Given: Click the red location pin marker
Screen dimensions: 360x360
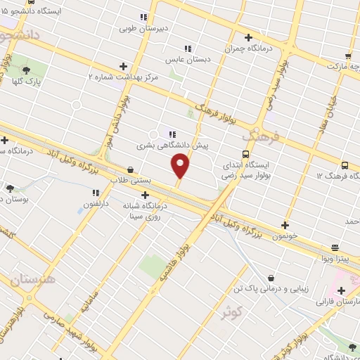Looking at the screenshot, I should pyautogui.click(x=181, y=166).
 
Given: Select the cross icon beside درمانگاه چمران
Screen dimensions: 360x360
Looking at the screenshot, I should pyautogui.click(x=247, y=37).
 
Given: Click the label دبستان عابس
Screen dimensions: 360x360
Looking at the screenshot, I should pyautogui.click(x=179, y=60).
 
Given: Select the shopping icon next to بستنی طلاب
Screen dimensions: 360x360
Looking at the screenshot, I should pyautogui.click(x=131, y=169).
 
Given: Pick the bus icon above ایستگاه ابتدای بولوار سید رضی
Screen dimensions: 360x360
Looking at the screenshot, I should pyautogui.click(x=245, y=154).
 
